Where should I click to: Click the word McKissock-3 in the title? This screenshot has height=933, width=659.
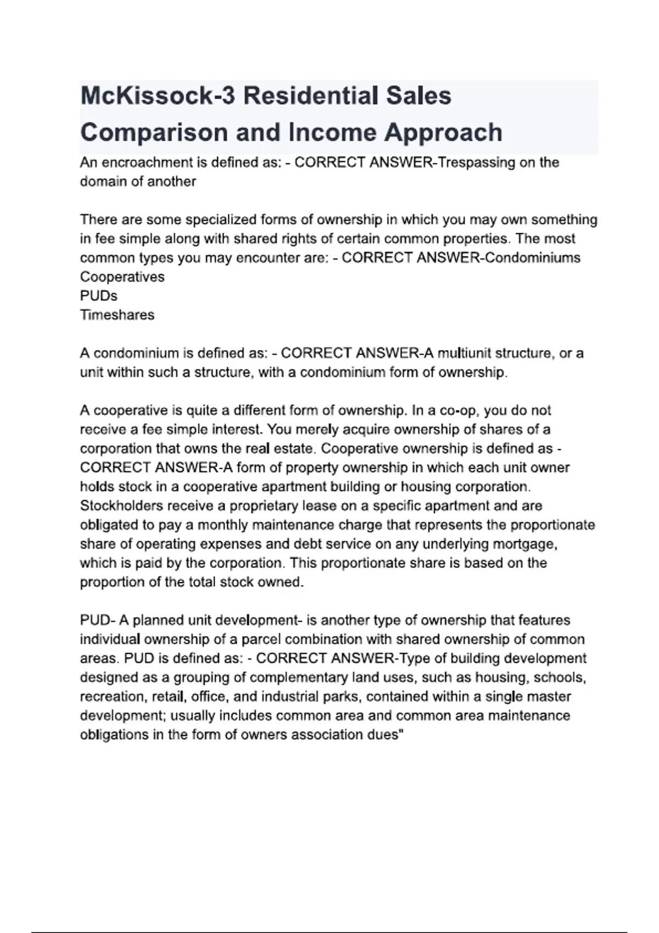158,96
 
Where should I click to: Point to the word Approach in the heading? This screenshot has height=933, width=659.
443,133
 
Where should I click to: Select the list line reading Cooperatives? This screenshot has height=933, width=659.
122,277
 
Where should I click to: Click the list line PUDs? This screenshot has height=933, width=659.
99,296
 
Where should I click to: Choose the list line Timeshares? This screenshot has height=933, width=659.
117,315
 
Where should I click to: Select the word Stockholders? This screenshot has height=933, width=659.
121,505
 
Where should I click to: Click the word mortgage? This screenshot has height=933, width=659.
527,544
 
